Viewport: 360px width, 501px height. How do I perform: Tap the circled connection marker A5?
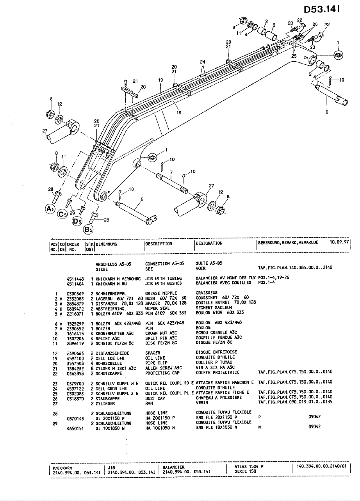(50, 208)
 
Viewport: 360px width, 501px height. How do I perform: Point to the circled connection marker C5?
(62, 214)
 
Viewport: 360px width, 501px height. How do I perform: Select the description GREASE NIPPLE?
(161, 293)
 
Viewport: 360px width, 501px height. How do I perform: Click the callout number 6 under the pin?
(326, 112)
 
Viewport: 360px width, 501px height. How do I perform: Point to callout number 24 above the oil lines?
(202, 62)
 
